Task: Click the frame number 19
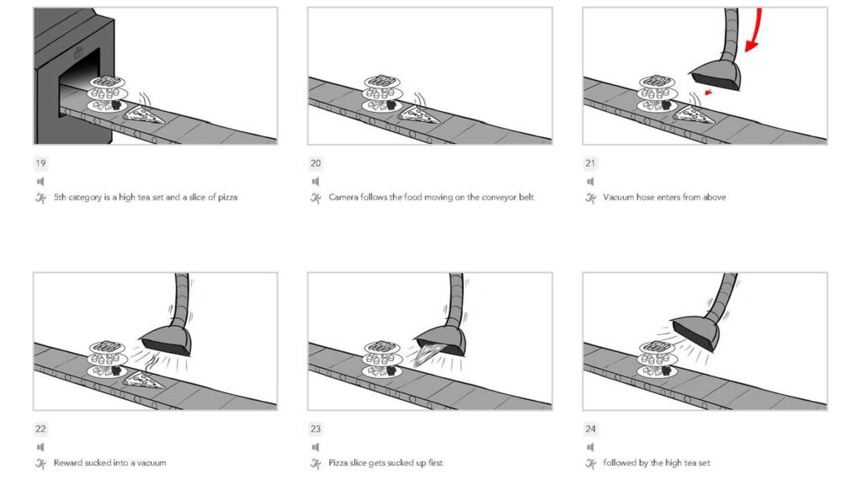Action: pos(40,163)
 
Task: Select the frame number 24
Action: pos(590,429)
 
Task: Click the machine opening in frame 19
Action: pos(77,84)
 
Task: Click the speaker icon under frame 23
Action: pos(315,446)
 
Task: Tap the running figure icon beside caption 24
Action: pos(590,463)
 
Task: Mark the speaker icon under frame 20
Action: pos(315,181)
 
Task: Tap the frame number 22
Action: pos(40,429)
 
